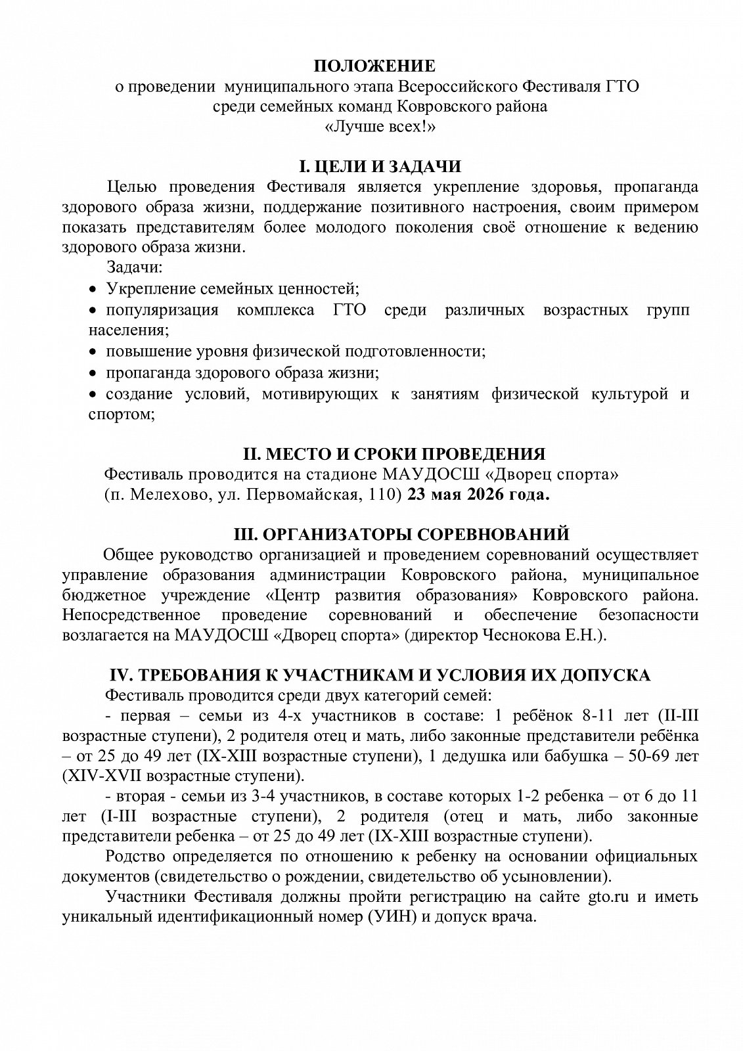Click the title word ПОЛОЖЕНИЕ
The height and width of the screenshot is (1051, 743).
click(373, 66)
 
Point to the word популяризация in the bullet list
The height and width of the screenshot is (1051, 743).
click(162, 310)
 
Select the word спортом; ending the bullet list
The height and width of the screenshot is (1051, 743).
click(122, 415)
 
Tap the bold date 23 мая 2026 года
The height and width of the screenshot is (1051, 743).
click(478, 495)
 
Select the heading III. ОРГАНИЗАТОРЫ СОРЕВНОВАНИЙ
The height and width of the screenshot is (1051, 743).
click(401, 534)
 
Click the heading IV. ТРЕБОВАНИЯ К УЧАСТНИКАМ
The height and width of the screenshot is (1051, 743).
click(379, 675)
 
